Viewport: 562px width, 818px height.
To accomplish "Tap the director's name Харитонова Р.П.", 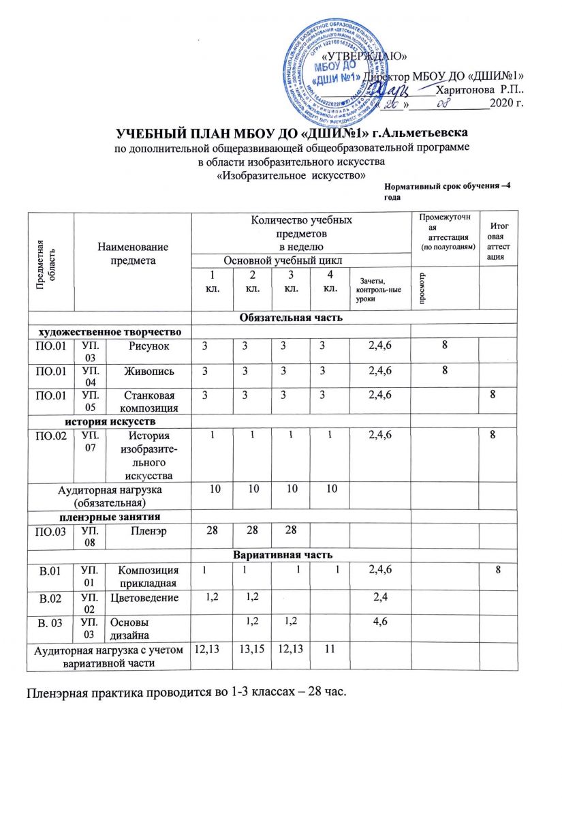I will tap(480, 89).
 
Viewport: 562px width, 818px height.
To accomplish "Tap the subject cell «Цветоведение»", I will tap(149, 598).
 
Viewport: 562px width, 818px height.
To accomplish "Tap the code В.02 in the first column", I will tap(51, 597).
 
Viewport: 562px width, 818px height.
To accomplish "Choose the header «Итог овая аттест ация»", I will tap(503, 242).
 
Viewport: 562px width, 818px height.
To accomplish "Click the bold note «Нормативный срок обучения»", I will tap(446, 190).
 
